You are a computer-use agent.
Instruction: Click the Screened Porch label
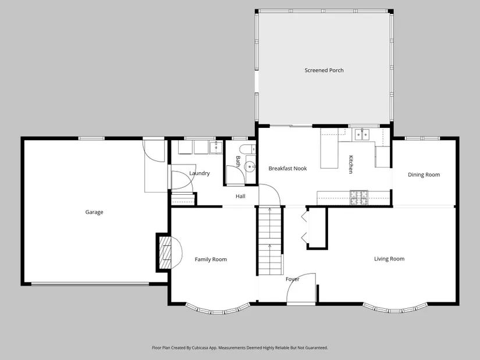[324, 70]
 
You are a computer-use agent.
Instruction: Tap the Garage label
[94, 212]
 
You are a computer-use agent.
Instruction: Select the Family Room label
[211, 259]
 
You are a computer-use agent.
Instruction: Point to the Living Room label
[389, 259]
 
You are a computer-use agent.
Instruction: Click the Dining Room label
[424, 174]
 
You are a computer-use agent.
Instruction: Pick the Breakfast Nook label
[287, 168]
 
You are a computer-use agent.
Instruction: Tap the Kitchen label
[351, 165]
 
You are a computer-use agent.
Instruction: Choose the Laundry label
[200, 173]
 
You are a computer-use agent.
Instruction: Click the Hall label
[240, 196]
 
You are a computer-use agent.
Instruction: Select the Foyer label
[292, 279]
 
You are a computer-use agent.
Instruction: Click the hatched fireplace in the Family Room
[166, 252]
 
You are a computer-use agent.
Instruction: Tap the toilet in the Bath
[247, 149]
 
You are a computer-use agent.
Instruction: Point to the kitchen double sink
[362, 134]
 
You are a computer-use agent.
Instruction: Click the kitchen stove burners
[359, 198]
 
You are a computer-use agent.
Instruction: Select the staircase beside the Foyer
[270, 241]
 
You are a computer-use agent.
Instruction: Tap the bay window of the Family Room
[218, 309]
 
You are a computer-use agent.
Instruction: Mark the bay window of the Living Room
[395, 308]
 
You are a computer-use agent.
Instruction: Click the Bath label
[238, 161]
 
